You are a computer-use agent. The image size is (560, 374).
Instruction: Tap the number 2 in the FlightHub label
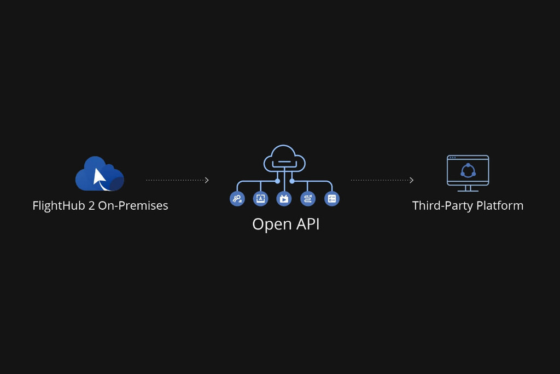point(91,206)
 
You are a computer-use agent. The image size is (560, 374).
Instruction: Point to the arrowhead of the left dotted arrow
point(207,180)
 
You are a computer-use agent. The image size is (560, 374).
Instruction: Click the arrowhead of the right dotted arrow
point(411,180)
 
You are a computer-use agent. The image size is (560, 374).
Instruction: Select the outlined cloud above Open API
point(284,158)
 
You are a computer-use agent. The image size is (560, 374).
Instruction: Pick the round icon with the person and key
point(237,199)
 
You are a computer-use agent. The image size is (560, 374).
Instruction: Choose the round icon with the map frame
point(260,199)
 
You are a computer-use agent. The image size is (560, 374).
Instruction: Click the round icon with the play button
point(284,199)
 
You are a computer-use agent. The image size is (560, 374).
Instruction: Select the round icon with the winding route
point(308,199)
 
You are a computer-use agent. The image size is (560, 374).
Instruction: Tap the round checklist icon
point(332,199)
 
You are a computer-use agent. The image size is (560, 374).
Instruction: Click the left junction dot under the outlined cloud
point(277,181)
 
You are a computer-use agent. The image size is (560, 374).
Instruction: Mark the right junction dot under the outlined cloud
point(292,181)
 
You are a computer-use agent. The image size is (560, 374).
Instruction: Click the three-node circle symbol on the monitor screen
point(468,170)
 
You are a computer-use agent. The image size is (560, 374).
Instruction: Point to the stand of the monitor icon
point(468,188)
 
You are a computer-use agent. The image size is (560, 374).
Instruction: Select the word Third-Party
point(442,206)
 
